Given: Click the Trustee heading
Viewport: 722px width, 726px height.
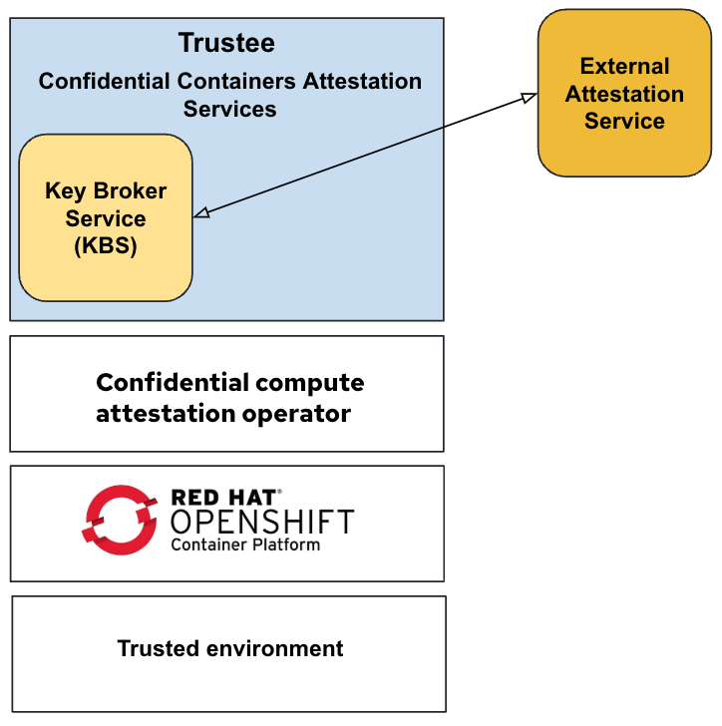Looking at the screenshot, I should pyautogui.click(x=226, y=44).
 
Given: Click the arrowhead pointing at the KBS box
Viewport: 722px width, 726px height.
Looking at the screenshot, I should pyautogui.click(x=200, y=212).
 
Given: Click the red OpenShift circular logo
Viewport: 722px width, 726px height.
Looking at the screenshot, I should pyautogui.click(x=121, y=520).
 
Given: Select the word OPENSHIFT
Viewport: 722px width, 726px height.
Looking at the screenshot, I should pyautogui.click(x=262, y=521).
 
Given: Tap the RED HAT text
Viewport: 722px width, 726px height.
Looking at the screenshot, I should pyautogui.click(x=225, y=496).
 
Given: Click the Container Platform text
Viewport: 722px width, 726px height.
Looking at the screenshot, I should pyautogui.click(x=245, y=544).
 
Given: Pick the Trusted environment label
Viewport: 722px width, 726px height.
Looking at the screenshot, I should pyautogui.click(x=230, y=648).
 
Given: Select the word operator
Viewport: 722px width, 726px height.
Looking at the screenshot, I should pyautogui.click(x=298, y=414).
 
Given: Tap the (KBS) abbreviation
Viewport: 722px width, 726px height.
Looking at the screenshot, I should pyautogui.click(x=105, y=246).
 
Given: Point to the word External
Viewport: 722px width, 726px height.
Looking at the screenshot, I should pyautogui.click(x=624, y=67).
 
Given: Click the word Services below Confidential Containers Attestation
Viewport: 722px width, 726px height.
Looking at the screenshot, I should pyautogui.click(x=229, y=109).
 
